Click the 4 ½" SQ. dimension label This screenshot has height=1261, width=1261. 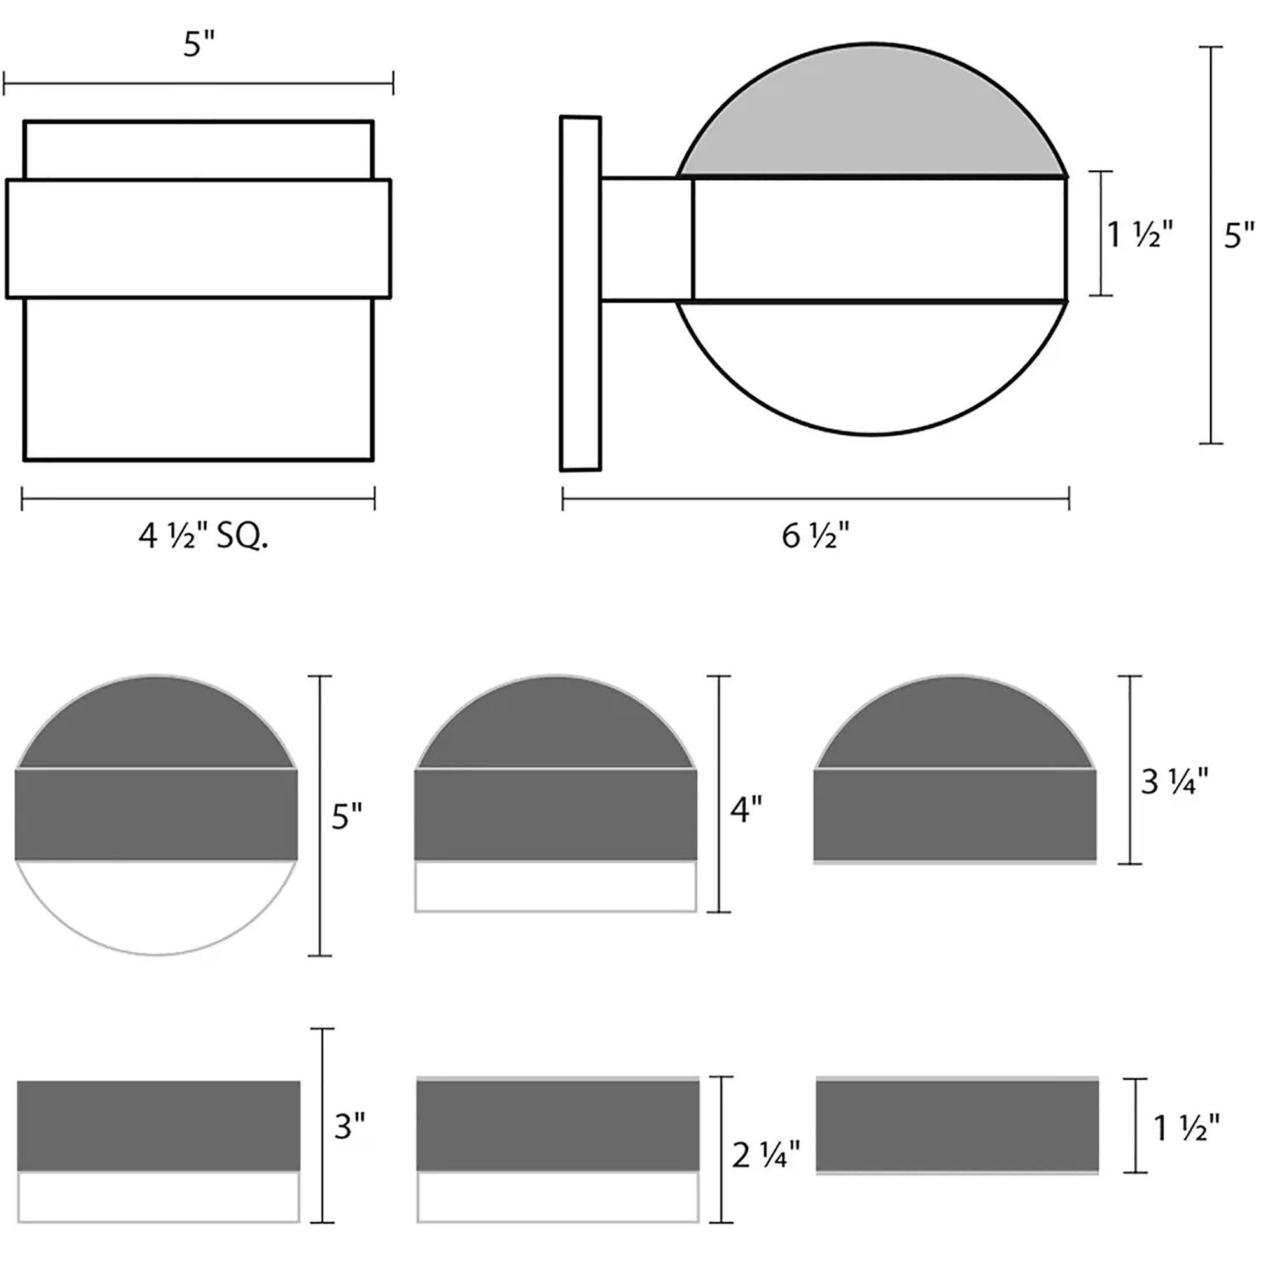point(203,537)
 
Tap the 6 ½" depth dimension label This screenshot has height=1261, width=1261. point(816,537)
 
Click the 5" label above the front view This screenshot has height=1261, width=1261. point(199,46)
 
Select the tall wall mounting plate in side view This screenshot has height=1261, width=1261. point(580,293)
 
